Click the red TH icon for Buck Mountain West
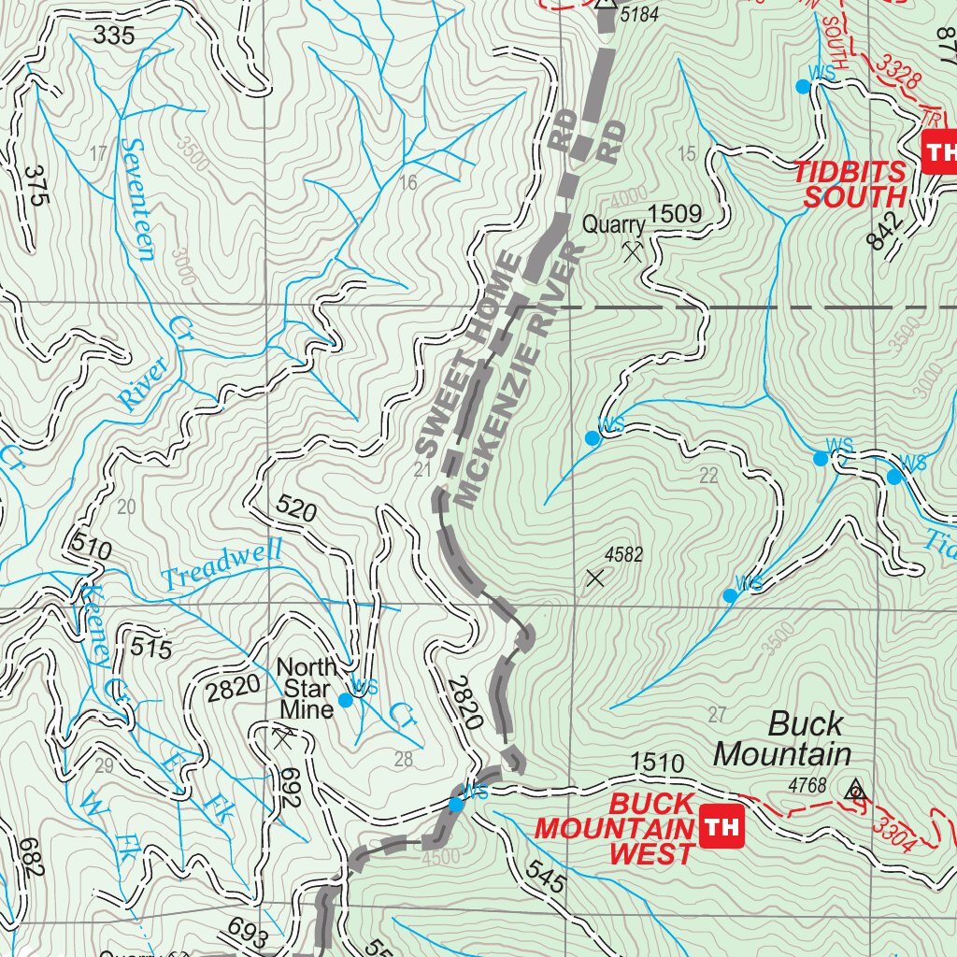click(721, 826)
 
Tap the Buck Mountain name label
click(781, 738)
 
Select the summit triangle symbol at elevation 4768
click(853, 792)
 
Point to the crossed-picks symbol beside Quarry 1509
click(634, 250)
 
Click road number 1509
click(675, 215)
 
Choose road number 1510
click(658, 764)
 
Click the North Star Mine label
click(307, 689)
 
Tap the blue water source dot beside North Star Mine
click(345, 699)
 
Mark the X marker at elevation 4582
click(595, 578)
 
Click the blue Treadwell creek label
click(221, 566)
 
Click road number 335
click(114, 36)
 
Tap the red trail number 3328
click(898, 71)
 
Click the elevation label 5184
click(639, 16)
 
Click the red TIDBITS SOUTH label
click(850, 184)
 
